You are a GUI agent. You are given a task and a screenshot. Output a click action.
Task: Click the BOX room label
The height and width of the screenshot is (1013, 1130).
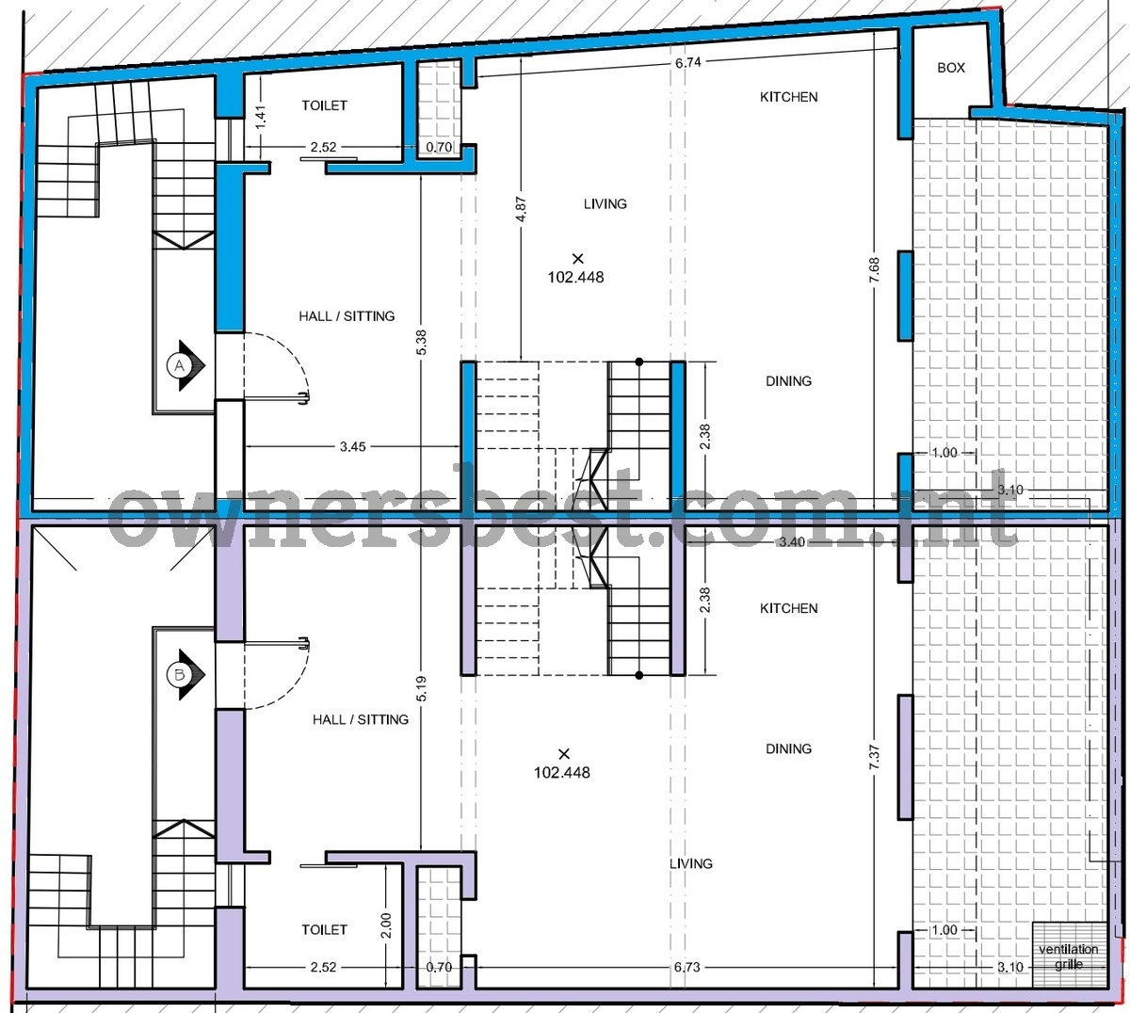[951, 68]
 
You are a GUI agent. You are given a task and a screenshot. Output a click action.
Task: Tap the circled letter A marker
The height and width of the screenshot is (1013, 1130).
[180, 366]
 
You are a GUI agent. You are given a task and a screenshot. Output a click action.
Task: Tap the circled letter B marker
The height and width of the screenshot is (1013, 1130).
[180, 675]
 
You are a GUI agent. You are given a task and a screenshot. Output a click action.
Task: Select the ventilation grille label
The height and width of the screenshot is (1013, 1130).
[1069, 957]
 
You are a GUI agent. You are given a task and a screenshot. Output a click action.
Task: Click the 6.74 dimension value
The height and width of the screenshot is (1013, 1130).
[687, 62]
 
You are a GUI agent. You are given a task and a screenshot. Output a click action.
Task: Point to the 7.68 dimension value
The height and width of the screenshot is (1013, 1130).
[874, 269]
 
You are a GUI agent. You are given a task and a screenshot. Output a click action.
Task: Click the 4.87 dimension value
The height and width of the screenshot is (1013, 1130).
[521, 210]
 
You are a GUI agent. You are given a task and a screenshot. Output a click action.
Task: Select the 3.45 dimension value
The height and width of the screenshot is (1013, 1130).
[352, 447]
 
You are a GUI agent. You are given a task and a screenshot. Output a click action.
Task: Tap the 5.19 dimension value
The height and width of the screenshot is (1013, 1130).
[421, 689]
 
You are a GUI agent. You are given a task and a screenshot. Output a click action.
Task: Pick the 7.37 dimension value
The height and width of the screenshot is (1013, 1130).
[874, 757]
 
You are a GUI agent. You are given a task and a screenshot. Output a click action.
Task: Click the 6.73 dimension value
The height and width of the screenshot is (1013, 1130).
[686, 967]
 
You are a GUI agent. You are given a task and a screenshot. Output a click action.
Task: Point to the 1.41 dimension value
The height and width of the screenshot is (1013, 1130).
[260, 117]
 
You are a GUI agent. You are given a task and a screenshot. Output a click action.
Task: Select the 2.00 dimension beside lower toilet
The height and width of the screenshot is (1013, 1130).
[385, 925]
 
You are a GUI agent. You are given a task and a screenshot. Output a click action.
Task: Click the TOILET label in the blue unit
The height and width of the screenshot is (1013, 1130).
[325, 105]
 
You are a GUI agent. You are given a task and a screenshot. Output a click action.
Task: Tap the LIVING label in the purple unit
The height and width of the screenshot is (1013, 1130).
[691, 863]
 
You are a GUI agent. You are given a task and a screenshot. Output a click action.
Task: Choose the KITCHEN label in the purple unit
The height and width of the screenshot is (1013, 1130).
[789, 608]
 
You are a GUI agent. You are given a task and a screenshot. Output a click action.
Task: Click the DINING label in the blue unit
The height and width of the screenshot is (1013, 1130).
[789, 381]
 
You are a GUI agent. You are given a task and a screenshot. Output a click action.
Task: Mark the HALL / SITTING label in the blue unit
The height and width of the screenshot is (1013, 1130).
[347, 316]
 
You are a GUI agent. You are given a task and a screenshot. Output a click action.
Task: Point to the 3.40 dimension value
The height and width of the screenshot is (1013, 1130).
[791, 541]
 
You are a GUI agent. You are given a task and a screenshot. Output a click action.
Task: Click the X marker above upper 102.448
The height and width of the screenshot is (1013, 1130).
[578, 258]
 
